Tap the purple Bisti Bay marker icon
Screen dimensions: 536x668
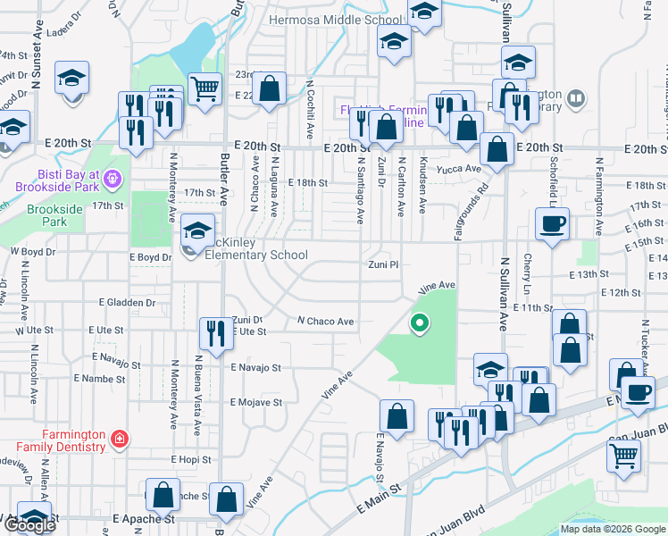112,179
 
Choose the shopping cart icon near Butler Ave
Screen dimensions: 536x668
205,88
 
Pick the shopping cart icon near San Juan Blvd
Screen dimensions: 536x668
623,456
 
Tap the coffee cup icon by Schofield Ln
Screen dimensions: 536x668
551,223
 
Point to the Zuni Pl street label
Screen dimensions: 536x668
383,265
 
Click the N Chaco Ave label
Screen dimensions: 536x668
326,321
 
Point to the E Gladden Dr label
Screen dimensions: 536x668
127,303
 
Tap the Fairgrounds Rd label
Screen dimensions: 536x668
482,202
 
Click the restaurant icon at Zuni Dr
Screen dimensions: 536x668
213,333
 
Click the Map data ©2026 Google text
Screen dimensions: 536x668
612,529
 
